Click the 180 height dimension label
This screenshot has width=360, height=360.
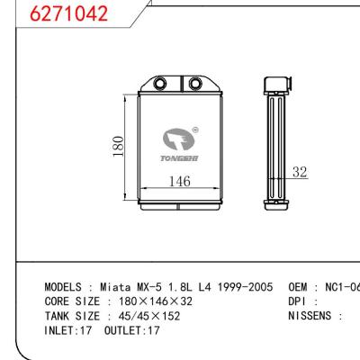[117, 146]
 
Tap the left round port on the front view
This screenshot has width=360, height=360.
[159, 85]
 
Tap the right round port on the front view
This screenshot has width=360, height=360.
[193, 85]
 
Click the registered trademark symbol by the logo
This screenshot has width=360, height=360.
[195, 130]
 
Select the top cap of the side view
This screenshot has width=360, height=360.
[274, 85]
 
